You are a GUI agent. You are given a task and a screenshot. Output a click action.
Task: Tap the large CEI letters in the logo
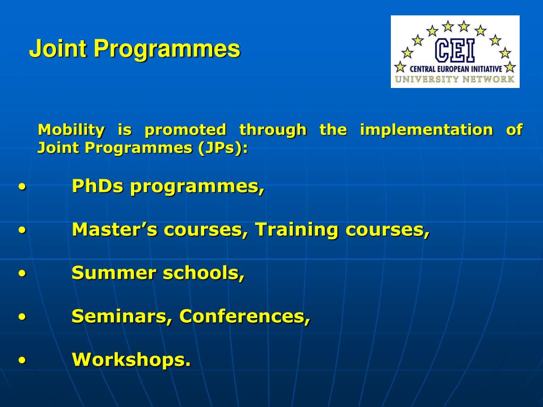point(454,50)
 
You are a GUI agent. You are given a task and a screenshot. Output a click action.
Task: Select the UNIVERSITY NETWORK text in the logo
point(454,79)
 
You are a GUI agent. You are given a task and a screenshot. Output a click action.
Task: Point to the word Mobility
point(71,130)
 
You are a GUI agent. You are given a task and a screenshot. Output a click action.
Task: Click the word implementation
point(426,130)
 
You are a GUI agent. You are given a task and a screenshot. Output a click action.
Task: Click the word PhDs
point(98,186)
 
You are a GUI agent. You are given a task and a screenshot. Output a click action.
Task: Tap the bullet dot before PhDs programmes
point(22,187)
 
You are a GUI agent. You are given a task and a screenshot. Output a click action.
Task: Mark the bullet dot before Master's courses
point(22,231)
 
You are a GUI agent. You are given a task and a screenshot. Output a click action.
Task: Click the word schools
point(204,273)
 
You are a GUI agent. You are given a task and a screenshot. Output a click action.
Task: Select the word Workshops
point(132,359)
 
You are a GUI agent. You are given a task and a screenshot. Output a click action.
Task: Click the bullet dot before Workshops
point(22,360)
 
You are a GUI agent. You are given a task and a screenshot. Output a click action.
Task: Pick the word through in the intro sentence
point(273,130)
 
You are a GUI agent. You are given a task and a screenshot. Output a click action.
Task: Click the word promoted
point(185,130)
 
